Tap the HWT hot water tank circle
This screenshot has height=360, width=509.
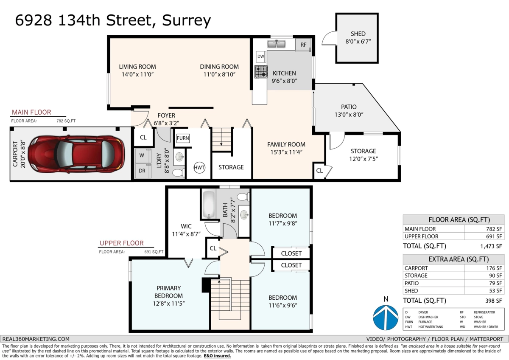coord(199,167)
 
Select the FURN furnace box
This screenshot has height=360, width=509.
coord(183,138)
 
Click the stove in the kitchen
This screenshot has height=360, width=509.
coord(261,72)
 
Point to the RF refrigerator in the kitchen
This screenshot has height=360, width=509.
coord(303,45)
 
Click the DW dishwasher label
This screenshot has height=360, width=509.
coord(261,56)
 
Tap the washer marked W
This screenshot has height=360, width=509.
coord(142,155)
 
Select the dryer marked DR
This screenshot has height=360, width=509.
coord(142,171)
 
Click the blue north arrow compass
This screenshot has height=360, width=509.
coord(386,317)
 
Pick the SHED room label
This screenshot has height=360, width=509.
coord(358,34)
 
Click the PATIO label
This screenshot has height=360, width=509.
coord(349,107)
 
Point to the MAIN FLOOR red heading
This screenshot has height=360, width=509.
coord(31,112)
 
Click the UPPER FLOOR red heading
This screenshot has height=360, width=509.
coord(121,243)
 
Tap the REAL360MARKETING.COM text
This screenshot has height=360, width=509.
coord(36,339)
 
